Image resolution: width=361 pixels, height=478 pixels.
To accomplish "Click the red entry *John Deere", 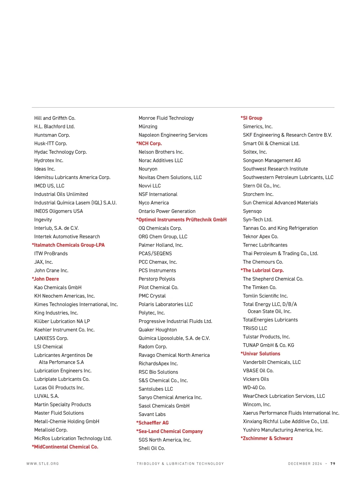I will tap(45, 279).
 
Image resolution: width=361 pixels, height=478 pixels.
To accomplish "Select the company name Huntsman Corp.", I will tap(52, 135).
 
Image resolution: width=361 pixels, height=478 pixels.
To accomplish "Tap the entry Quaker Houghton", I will tap(158, 330).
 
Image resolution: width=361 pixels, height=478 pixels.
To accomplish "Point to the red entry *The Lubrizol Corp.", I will tap(262, 271).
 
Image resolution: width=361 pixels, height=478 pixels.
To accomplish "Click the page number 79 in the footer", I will tap(333, 464).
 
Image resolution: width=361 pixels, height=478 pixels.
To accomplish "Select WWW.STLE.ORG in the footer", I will tap(43, 464).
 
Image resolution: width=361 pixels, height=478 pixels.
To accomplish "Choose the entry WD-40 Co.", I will tap(254, 388).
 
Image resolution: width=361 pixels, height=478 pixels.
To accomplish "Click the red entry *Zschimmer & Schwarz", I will tap(267, 439).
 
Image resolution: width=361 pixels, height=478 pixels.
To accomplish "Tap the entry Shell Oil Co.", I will tap(152, 449).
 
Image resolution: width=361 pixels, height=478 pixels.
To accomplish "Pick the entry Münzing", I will tap(148, 127).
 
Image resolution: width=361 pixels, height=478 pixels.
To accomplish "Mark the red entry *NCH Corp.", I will tap(149, 144).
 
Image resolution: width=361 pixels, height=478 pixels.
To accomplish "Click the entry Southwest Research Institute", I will tap(275, 169).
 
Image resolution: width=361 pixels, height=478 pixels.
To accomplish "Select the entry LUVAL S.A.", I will tap(47, 396).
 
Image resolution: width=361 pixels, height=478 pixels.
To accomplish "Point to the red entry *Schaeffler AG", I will tap(153, 423).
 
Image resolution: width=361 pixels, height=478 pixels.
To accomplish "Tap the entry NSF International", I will tap(158, 194).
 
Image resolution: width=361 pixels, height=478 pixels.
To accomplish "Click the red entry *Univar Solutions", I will tap(261, 354).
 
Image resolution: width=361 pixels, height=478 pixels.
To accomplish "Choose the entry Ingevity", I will tap(43, 220).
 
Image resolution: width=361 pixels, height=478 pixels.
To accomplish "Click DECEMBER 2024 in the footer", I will tap(305, 464).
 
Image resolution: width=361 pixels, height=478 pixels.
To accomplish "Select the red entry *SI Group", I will tap(251, 118).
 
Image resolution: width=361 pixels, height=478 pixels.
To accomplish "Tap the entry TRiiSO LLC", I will tap(255, 328).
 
